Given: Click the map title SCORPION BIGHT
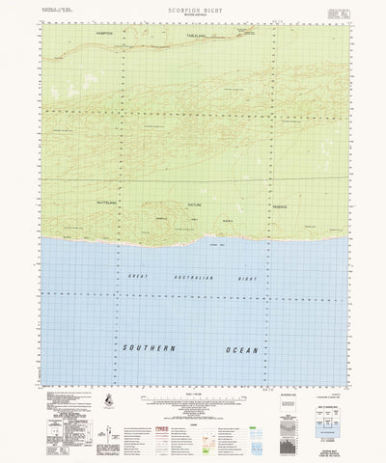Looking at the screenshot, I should (x=193, y=8).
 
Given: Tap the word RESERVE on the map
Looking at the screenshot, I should (x=271, y=204).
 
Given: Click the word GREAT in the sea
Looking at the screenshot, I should (x=138, y=275).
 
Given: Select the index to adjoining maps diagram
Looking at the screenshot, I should (x=310, y=405).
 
